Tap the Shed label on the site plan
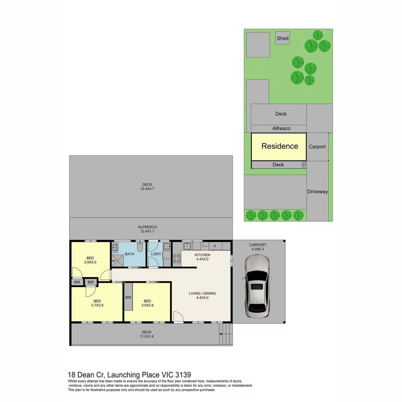[x=283, y=38]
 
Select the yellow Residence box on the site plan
[x=279, y=146]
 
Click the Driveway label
[x=318, y=192]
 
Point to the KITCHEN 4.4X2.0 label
[x=202, y=257]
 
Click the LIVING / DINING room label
[x=202, y=296]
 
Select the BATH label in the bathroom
[x=130, y=254]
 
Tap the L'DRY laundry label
[x=156, y=254]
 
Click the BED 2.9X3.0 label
[x=90, y=260]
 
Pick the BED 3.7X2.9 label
[x=97, y=303]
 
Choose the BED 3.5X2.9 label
[x=147, y=303]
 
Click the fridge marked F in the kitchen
[x=215, y=246]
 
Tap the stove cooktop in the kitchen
[x=176, y=258]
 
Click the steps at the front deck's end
[x=226, y=334]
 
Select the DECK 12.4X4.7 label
[x=147, y=186]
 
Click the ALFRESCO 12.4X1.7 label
[x=147, y=229]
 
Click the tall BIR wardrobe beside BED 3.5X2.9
[x=128, y=297]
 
